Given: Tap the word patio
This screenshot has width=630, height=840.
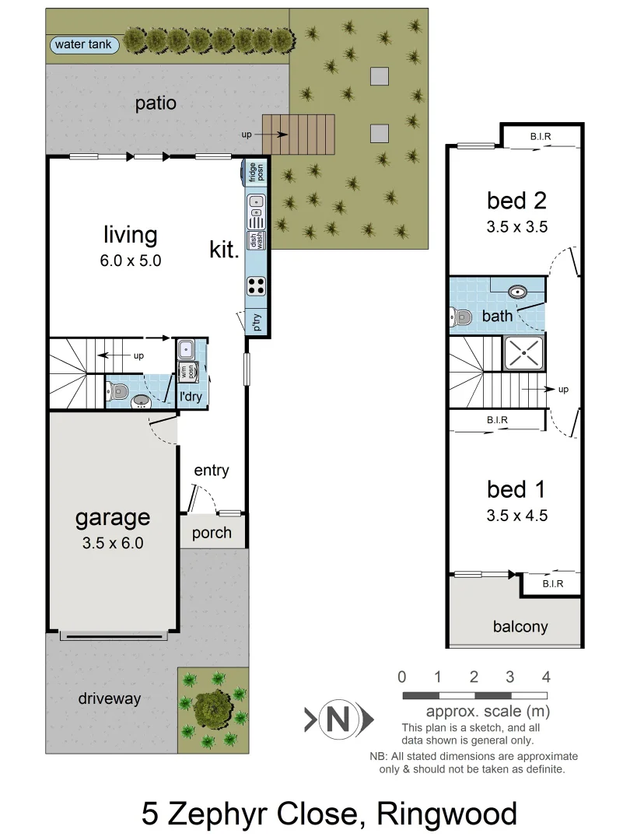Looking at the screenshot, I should (x=156, y=103).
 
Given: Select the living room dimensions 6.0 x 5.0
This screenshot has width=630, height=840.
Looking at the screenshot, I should (x=130, y=261).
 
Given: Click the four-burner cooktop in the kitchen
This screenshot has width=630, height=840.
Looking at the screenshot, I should (x=256, y=285).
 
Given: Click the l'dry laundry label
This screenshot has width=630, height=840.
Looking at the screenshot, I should (x=191, y=397).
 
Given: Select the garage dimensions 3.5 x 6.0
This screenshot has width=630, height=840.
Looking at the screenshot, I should (x=113, y=543).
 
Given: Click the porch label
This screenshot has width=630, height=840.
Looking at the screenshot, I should (x=212, y=533).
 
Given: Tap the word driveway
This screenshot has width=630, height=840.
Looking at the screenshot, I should (x=110, y=698).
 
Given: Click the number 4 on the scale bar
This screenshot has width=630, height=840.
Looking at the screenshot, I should (x=546, y=676).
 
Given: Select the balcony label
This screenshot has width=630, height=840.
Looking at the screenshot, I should (x=520, y=626).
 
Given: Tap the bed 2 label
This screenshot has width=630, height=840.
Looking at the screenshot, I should (x=516, y=201).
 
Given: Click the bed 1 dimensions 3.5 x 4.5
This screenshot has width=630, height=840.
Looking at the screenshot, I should (x=516, y=515).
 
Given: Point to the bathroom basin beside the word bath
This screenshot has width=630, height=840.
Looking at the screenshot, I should (x=518, y=292).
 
